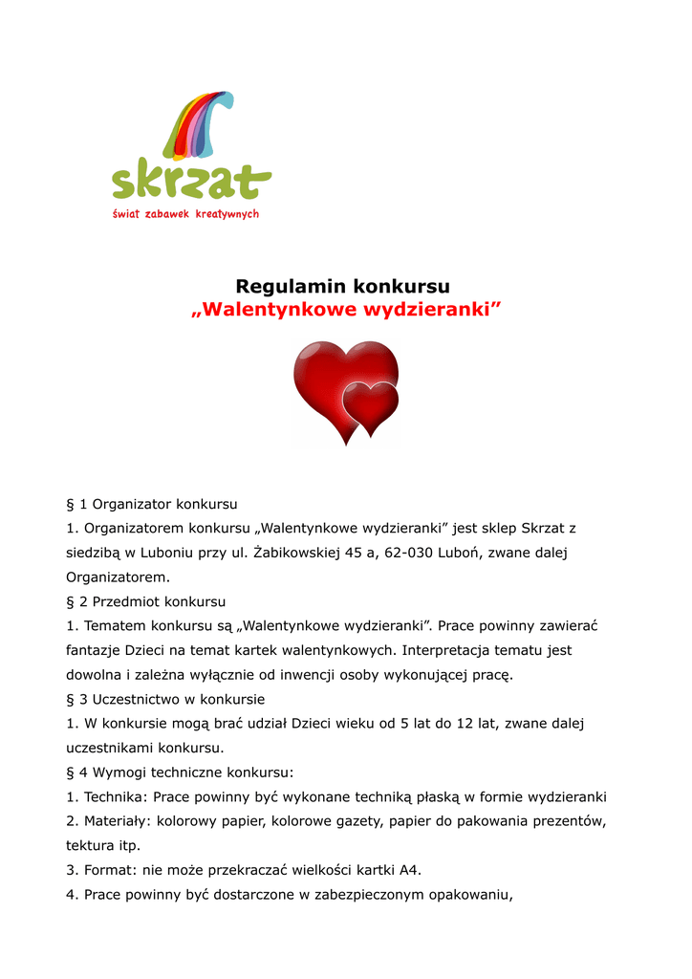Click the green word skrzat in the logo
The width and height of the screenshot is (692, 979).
[190, 180]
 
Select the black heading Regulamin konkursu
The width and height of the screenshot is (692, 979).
[342, 286]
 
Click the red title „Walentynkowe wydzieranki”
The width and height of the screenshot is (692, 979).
[345, 310]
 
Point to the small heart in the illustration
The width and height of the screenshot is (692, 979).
[370, 404]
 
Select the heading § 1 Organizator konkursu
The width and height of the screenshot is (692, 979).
[151, 503]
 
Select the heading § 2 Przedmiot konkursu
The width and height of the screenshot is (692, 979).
[145, 602]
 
